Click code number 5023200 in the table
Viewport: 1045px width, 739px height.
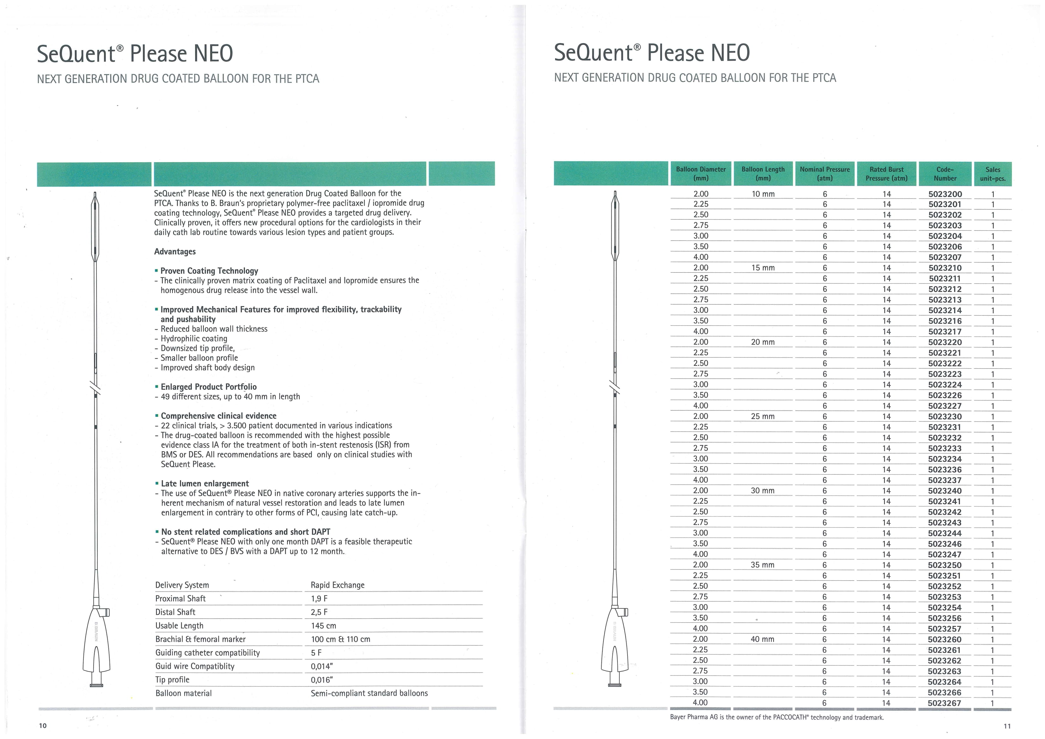tap(945, 194)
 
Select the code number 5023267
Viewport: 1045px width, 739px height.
tap(945, 703)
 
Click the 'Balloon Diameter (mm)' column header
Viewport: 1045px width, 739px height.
tap(701, 174)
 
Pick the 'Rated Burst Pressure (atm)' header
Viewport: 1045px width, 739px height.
tap(886, 174)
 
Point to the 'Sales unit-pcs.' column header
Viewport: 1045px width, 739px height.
tap(993, 174)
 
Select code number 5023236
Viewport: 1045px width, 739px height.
tap(945, 469)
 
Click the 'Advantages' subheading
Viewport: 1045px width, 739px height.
tap(175, 251)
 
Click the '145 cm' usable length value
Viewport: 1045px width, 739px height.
tap(324, 626)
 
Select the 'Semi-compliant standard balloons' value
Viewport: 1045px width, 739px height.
tap(369, 694)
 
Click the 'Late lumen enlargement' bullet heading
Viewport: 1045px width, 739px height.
tap(204, 484)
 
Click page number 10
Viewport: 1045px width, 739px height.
tap(42, 726)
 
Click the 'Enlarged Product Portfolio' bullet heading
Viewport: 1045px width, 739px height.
tap(209, 387)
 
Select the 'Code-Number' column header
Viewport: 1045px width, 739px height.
tap(945, 174)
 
